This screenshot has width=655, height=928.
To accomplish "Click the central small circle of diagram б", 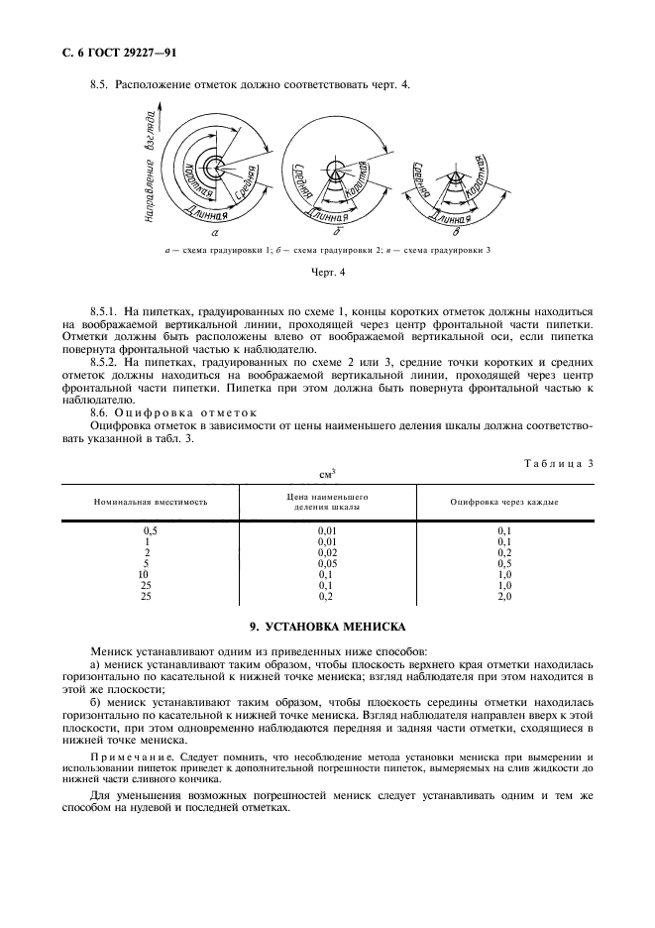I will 338,166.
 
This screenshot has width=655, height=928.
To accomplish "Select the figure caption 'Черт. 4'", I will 327,271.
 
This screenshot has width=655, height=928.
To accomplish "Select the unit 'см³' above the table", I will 327,474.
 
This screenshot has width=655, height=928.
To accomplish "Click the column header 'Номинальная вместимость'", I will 151,502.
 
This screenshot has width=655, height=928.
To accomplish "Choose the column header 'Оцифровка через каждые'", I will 503,502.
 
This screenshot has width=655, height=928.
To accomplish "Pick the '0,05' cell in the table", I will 327,563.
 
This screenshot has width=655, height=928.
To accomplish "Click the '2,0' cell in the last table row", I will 503,596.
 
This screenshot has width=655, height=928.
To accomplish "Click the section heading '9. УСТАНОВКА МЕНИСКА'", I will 327,627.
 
